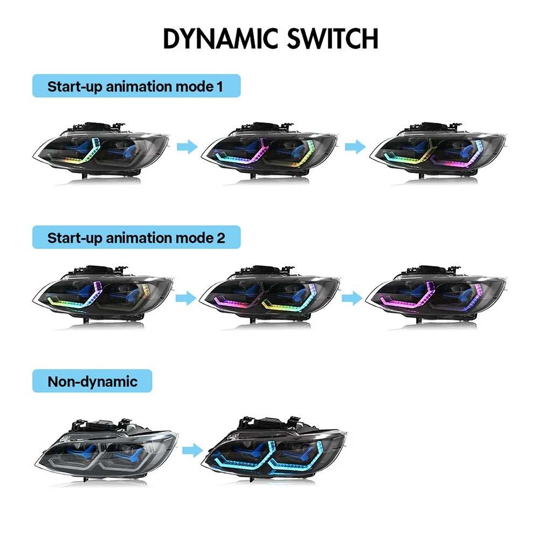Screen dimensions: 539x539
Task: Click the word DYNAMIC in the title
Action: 220,38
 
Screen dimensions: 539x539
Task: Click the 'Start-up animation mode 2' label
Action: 136,238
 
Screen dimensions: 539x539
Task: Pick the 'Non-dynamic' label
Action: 93,382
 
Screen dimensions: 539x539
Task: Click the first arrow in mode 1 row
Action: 187,147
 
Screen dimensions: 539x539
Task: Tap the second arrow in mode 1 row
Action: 355,147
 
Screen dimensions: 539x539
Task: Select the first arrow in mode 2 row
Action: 186,298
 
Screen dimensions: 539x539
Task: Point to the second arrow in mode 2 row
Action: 351,298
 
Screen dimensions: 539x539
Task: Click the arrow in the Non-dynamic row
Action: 192,451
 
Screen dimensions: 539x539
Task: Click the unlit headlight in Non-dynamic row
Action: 107,450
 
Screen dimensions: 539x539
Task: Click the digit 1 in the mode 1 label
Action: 220,86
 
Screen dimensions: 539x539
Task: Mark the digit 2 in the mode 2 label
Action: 221,238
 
